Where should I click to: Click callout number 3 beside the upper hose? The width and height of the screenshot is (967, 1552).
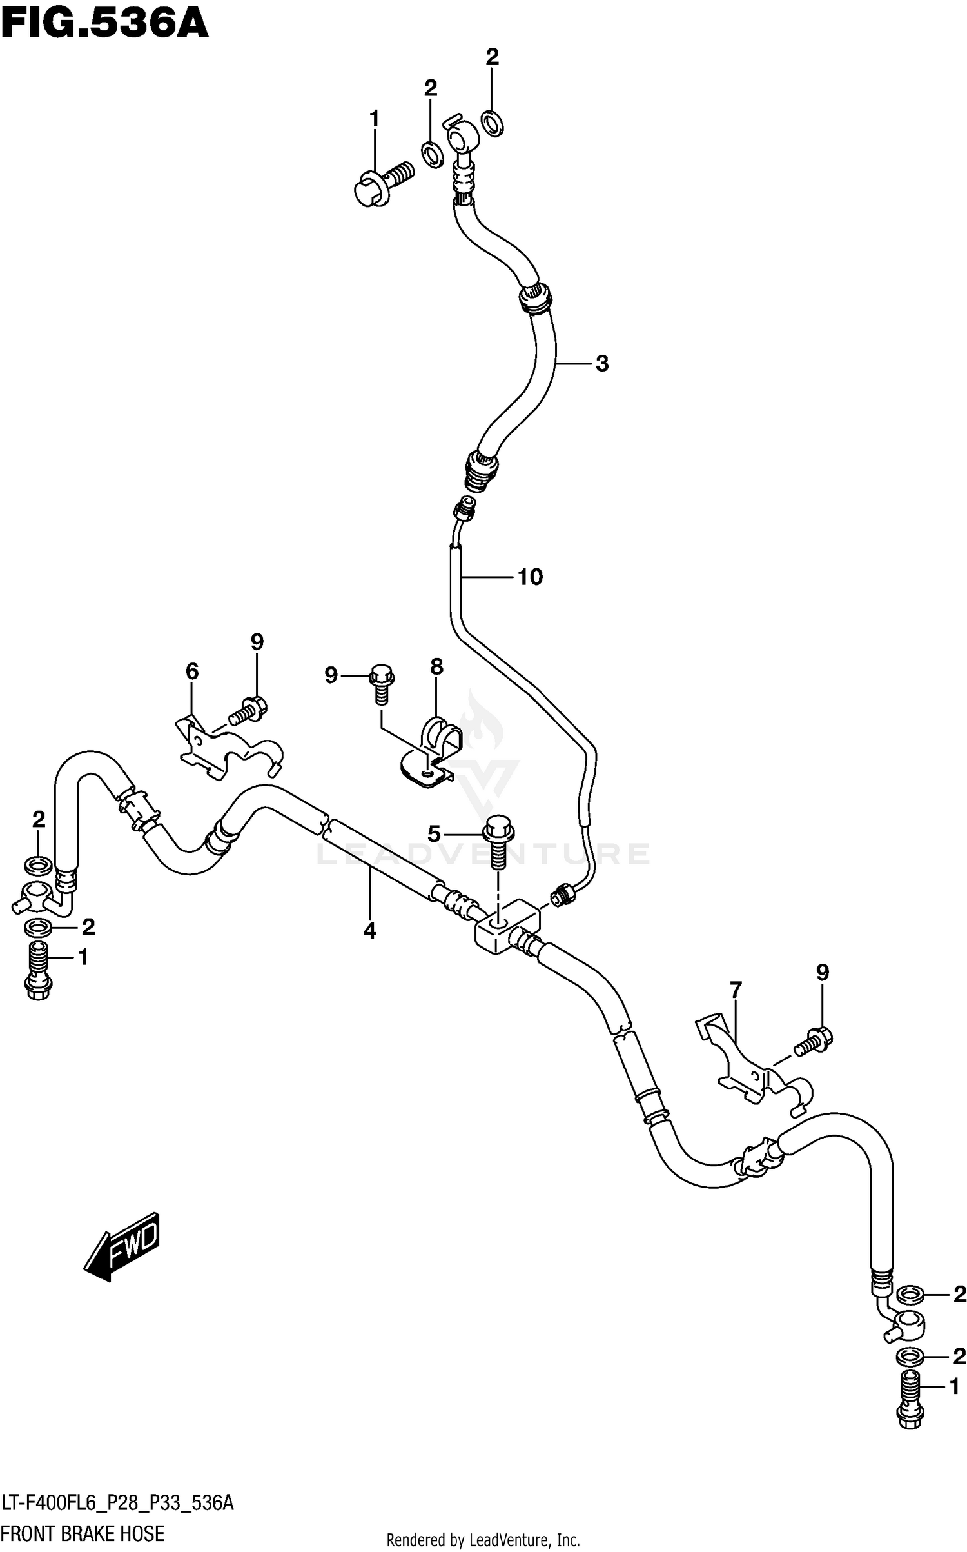[x=601, y=364]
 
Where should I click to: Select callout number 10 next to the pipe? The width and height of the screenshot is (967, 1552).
[x=530, y=577]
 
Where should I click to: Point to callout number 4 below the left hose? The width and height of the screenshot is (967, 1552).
[x=369, y=930]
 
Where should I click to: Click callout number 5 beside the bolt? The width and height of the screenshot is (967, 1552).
[x=434, y=834]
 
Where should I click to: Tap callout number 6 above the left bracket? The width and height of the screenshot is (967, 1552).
[x=192, y=672]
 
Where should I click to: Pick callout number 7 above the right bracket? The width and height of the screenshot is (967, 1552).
[x=736, y=989]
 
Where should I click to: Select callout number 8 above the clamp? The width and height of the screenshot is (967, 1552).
[x=436, y=667]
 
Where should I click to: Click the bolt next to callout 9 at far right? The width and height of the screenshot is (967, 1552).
[x=814, y=1041]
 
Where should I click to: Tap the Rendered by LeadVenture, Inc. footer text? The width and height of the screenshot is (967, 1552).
[x=483, y=1540]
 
